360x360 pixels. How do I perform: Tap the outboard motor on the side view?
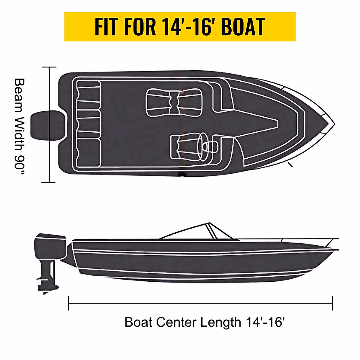(x=50, y=249)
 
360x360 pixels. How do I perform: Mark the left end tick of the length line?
(x=69, y=303)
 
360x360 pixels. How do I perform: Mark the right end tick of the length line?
(x=332, y=303)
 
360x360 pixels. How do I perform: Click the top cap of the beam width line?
(x=49, y=67)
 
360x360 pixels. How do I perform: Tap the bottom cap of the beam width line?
(x=49, y=182)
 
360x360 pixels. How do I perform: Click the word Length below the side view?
(x=220, y=322)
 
